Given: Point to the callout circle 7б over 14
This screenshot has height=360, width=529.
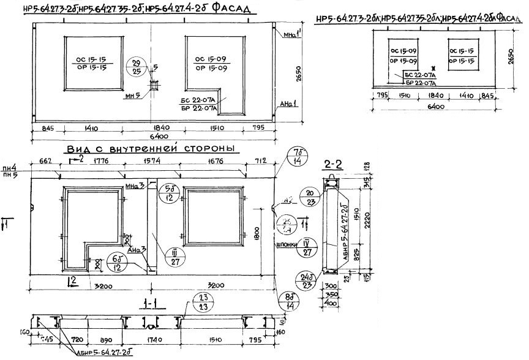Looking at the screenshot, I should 298,156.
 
